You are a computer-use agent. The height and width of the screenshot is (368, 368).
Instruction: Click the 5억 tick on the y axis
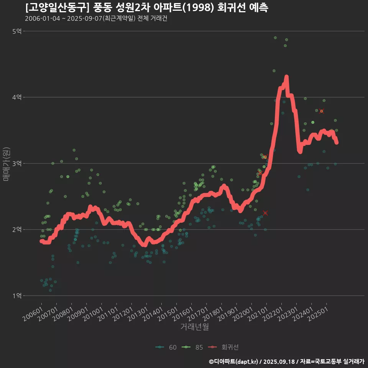(17, 31)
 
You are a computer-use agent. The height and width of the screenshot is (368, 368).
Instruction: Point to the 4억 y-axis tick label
(17, 97)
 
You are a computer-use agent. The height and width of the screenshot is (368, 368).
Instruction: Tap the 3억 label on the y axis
(17, 163)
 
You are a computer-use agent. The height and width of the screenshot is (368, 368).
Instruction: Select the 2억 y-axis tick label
(17, 230)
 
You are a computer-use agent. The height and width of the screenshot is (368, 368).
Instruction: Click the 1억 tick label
(17, 296)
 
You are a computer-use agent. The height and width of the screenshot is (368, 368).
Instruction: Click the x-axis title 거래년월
(194, 327)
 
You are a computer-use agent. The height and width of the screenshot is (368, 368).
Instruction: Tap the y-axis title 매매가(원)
(6, 163)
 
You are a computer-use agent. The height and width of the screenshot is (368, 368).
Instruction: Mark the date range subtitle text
(96, 18)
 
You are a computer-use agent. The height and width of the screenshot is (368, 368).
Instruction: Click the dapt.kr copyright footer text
(287, 361)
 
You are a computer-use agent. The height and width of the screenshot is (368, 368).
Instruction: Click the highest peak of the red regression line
(286, 77)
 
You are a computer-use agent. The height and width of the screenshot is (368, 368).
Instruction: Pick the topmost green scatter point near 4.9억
(275, 38)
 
